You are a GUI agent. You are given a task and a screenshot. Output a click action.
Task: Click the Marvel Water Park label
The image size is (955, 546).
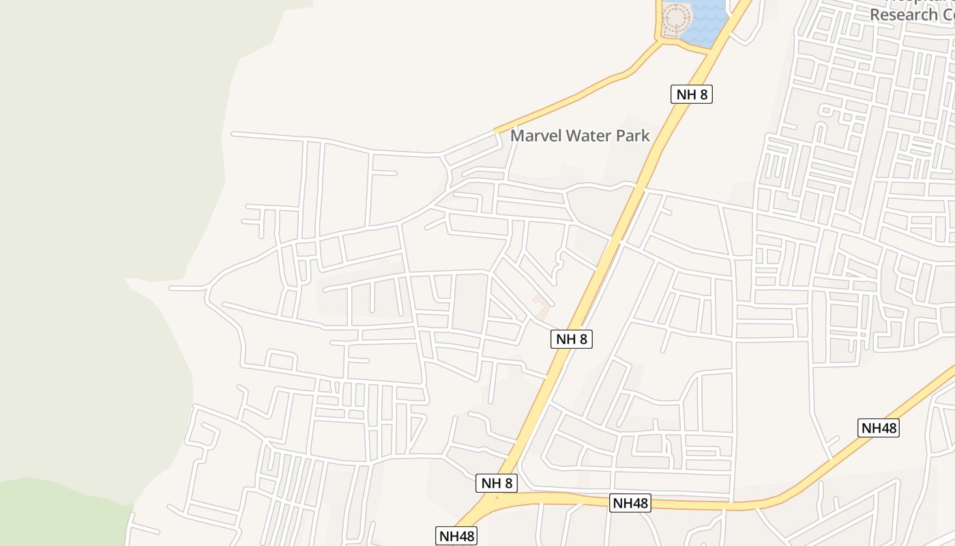click(x=580, y=136)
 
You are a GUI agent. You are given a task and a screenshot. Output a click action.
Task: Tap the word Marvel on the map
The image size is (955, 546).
click(x=536, y=136)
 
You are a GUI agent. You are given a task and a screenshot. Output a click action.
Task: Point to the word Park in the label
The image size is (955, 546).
click(x=633, y=136)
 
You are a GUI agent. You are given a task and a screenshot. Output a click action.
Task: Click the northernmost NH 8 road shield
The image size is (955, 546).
click(x=692, y=94)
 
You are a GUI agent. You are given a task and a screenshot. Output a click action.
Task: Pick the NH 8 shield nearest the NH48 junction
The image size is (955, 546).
click(x=497, y=483)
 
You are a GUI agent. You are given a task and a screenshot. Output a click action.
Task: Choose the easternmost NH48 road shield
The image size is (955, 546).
click(x=879, y=428)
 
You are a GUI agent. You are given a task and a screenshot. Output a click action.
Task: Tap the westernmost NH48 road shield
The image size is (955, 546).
click(x=456, y=536)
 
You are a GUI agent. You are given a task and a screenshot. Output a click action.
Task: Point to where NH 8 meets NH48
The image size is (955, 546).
click(x=495, y=502)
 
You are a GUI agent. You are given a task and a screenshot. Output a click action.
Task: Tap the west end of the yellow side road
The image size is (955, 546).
click(x=497, y=129)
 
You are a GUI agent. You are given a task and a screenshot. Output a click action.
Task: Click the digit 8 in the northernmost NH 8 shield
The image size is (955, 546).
click(x=703, y=94)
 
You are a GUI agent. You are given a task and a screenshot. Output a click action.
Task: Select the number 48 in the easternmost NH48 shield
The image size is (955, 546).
click(x=887, y=428)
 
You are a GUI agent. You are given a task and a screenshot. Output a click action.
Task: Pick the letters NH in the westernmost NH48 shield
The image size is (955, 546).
click(x=447, y=536)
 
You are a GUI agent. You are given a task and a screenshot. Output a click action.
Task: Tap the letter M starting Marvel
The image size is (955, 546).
click(x=516, y=136)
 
